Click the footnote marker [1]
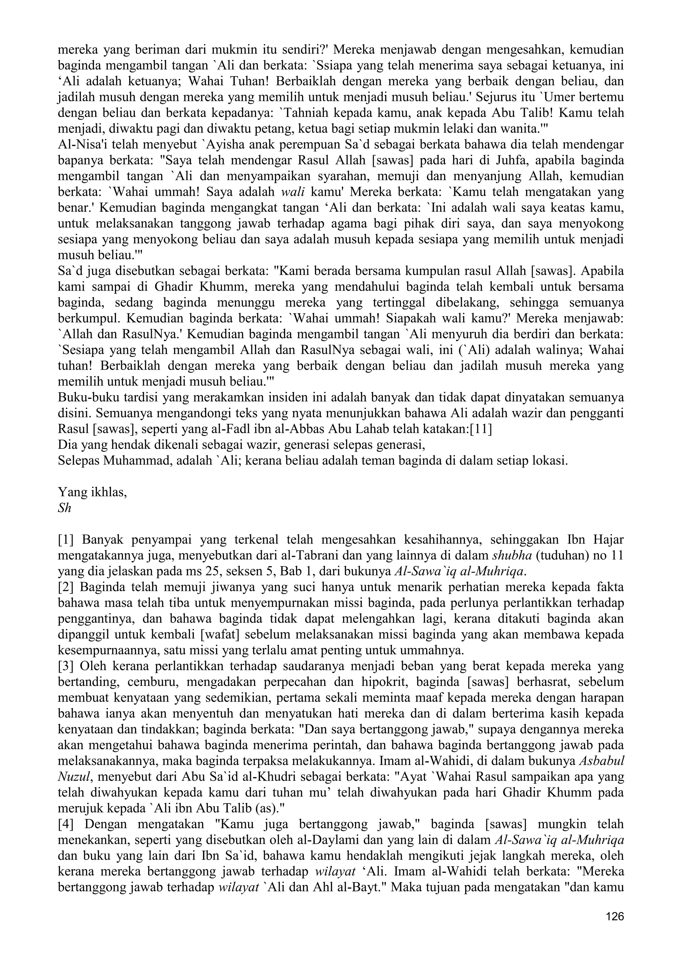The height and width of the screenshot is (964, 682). click(x=66, y=539)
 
